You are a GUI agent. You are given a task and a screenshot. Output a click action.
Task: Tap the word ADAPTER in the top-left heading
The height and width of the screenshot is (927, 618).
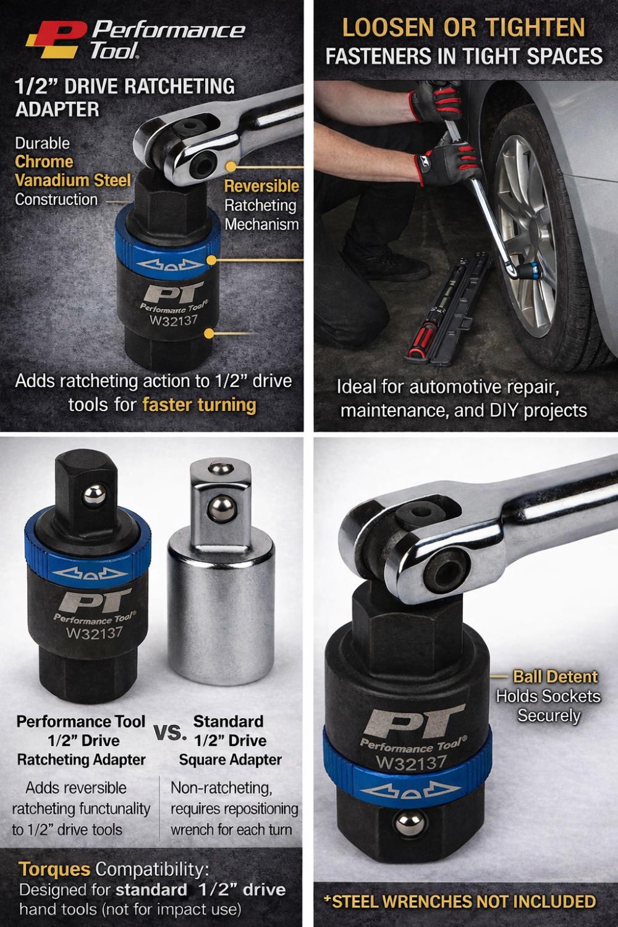(x=57, y=109)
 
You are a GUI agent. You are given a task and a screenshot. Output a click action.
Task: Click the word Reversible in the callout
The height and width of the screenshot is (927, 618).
(x=261, y=186)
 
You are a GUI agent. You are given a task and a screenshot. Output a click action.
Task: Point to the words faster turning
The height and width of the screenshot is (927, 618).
(x=200, y=404)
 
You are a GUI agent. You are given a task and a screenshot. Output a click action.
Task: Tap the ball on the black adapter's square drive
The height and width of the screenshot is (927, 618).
(x=95, y=496)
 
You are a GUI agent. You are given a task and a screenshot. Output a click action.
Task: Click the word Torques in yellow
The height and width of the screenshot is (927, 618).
(x=54, y=869)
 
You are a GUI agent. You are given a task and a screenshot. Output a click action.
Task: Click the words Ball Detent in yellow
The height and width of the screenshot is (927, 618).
(x=556, y=677)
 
